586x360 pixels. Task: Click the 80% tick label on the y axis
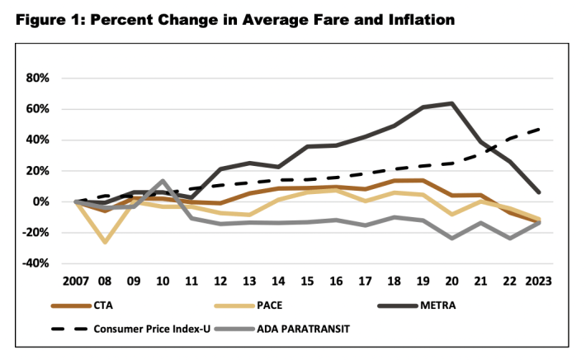pyautogui.click(x=38, y=78)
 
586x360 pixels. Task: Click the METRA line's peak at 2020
pyautogui.click(x=451, y=103)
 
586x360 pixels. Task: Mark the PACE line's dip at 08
pyautogui.click(x=106, y=243)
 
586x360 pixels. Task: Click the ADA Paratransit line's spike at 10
pyautogui.click(x=163, y=181)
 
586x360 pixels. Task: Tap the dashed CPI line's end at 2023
pyautogui.click(x=538, y=129)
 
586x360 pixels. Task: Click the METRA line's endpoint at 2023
pyautogui.click(x=538, y=192)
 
